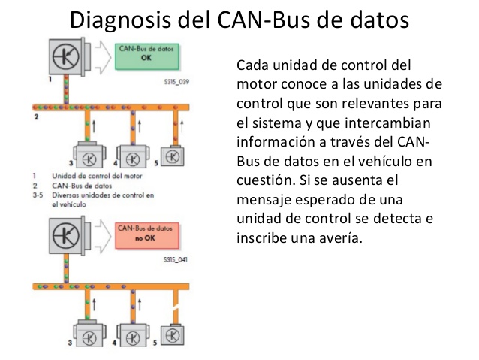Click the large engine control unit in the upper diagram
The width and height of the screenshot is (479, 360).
[x=68, y=59]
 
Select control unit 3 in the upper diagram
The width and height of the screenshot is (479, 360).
[x=87, y=159]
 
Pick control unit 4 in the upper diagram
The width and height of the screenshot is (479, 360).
[x=133, y=159]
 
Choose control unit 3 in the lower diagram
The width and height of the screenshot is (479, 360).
[x=87, y=334]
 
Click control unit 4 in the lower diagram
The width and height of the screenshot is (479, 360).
[x=133, y=334]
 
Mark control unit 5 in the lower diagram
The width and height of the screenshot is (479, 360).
[x=174, y=333]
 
